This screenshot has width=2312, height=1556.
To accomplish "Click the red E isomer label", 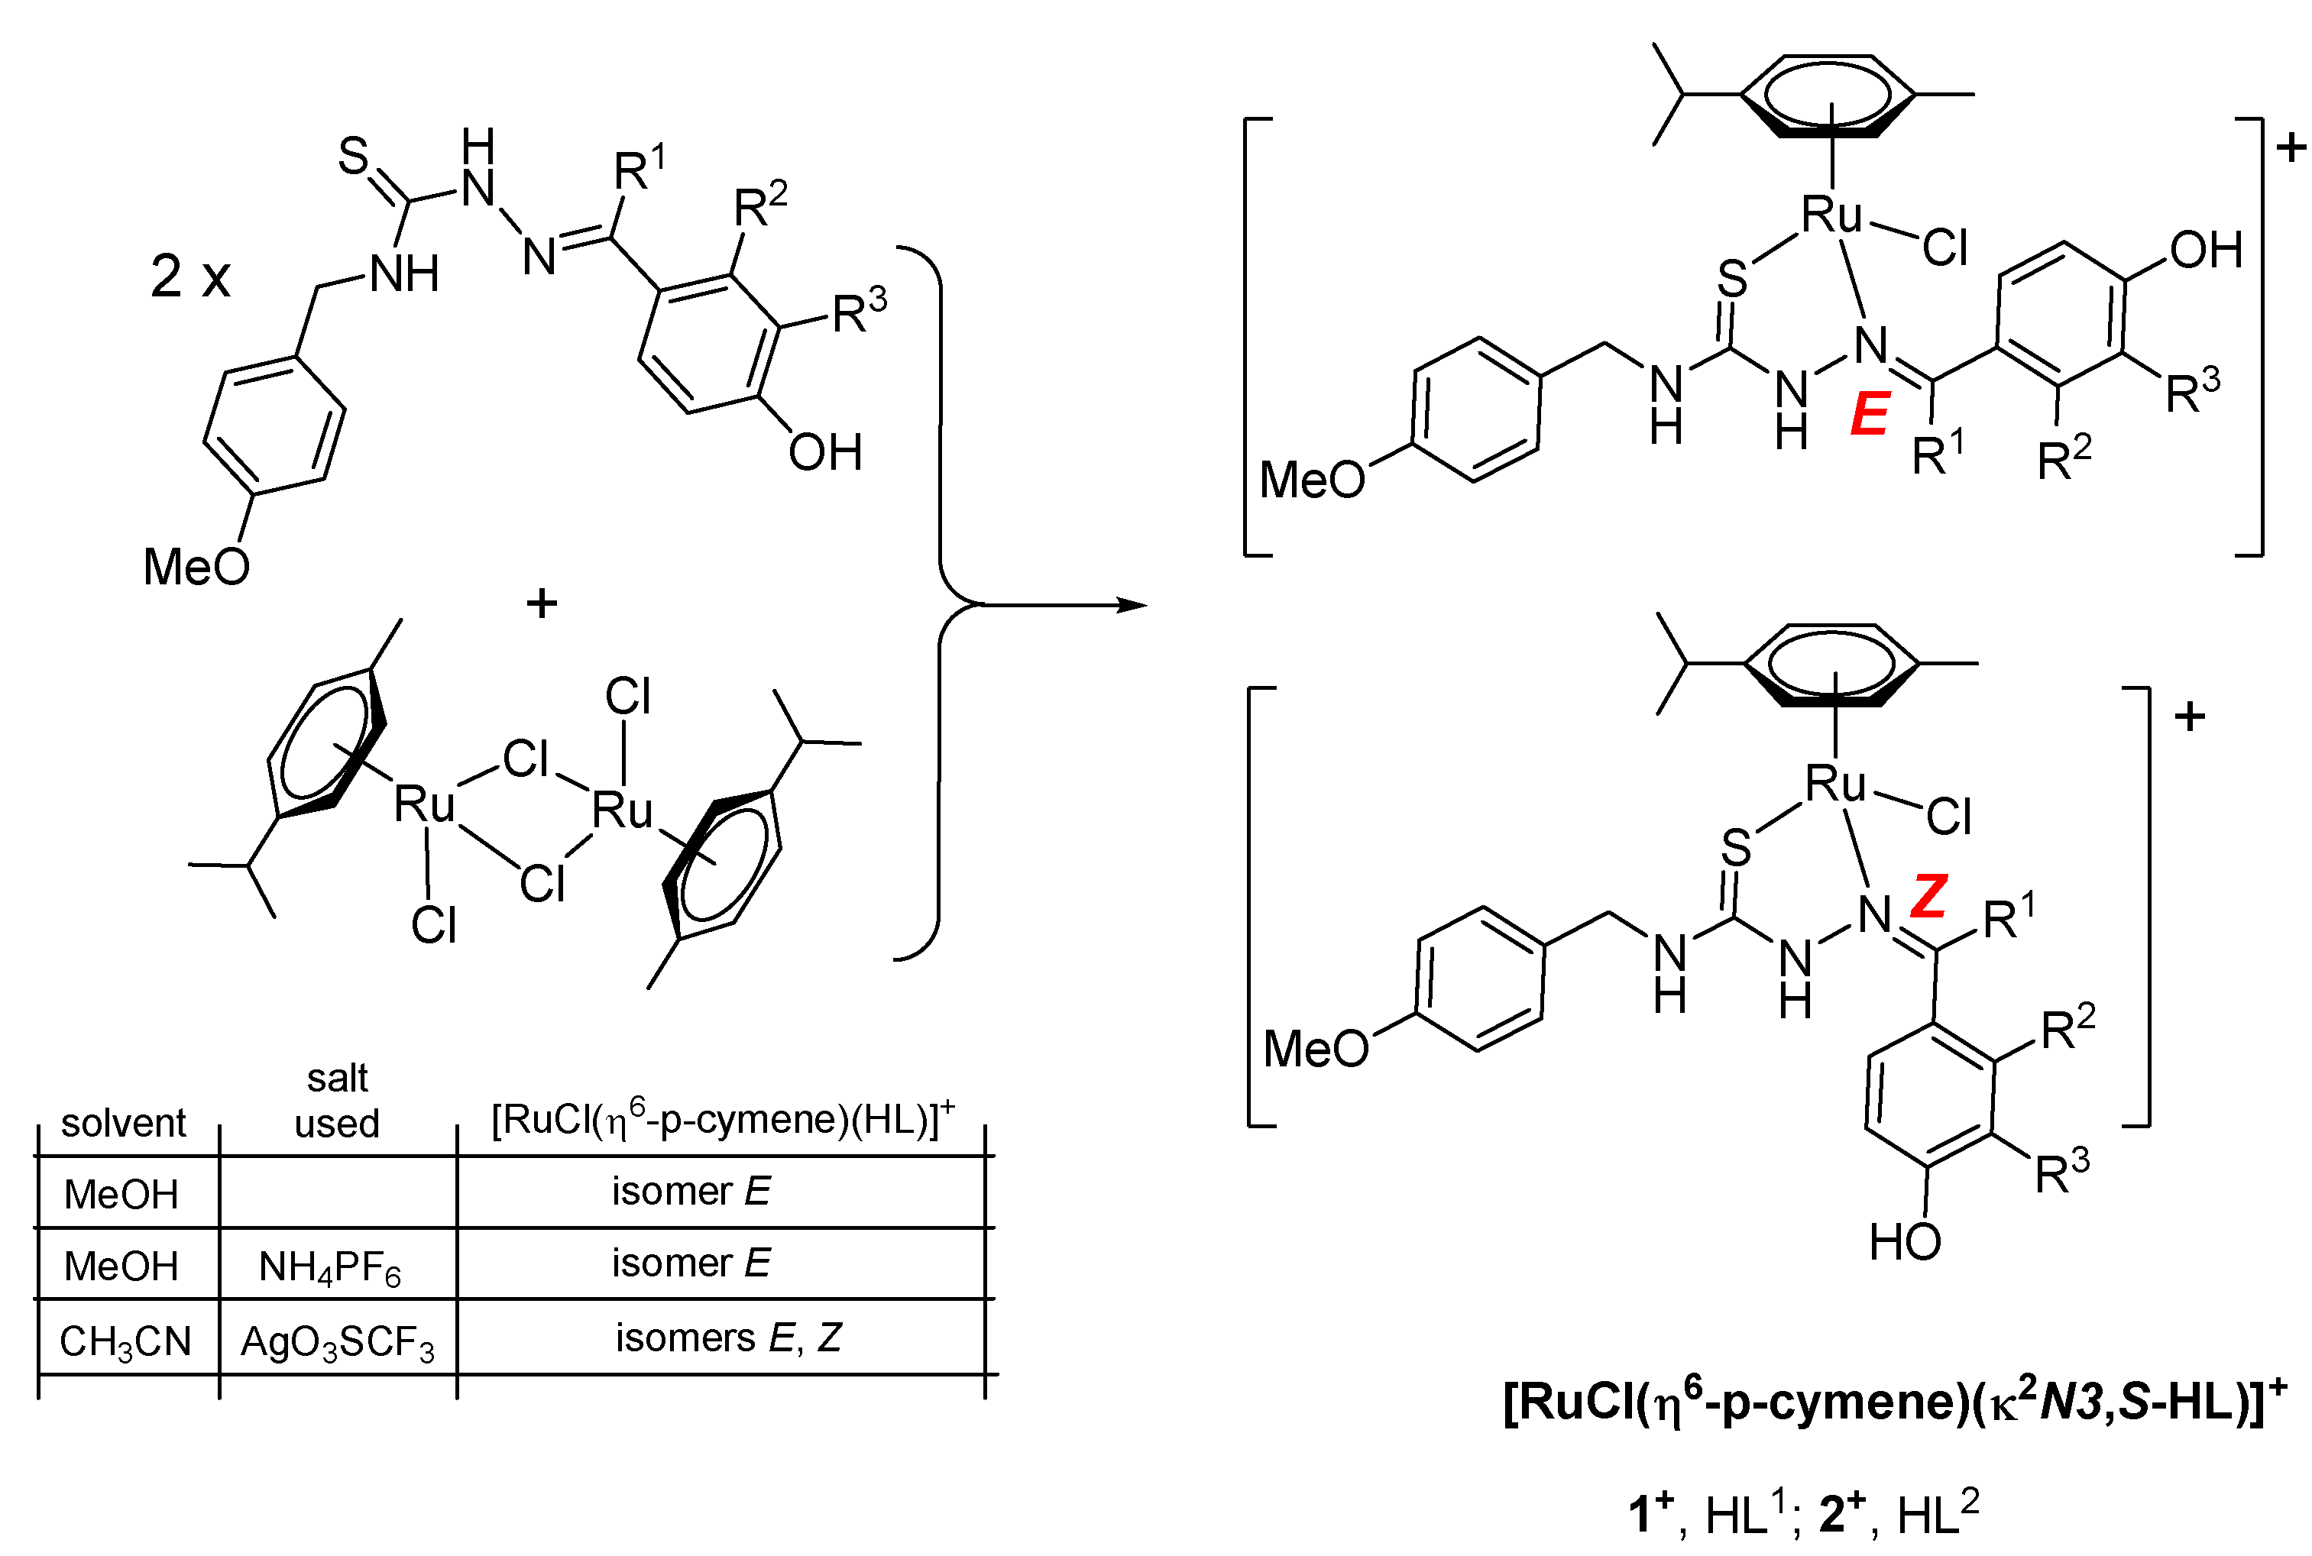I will pos(1870,415).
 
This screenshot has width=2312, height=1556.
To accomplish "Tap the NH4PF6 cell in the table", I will pos(330,1267).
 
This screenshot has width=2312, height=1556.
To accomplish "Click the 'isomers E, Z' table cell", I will pos(727,1338).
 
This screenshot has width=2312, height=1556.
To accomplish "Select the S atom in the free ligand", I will pos(353,156).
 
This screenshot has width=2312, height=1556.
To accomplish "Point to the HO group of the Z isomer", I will pos(1904,1242).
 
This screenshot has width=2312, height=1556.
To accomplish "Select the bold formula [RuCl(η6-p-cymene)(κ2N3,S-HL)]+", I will pos(1894,1402).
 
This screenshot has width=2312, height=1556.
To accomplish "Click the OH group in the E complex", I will pos(2206,250).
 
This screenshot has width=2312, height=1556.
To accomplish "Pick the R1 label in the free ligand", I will pos(639,169).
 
